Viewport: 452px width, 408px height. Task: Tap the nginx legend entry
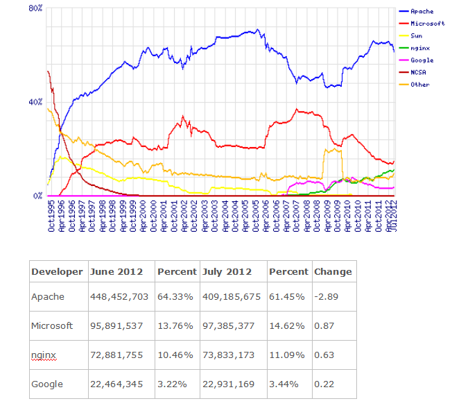pyautogui.click(x=419, y=48)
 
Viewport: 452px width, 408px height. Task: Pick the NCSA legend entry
pyautogui.click(x=418, y=72)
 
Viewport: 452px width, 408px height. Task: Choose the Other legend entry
pyautogui.click(x=419, y=85)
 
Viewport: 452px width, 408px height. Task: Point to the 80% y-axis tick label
pyautogui.click(x=35, y=8)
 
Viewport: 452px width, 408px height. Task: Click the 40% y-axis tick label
pyautogui.click(x=35, y=102)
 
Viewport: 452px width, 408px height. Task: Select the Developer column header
pyautogui.click(x=57, y=271)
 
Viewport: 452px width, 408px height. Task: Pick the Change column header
pyautogui.click(x=333, y=271)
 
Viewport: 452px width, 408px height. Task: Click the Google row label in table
pyautogui.click(x=47, y=384)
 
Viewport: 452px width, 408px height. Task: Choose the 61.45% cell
pyautogui.click(x=286, y=296)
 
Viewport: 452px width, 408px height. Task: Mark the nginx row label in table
pyautogui.click(x=44, y=355)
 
